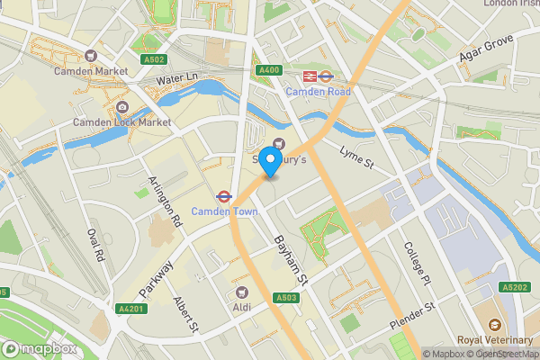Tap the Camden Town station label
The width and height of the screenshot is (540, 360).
pos(224,211)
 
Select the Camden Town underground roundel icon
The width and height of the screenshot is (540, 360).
pos(221,196)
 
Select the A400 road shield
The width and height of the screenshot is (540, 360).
pos(267,70)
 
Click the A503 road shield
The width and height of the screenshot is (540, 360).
pos(286,298)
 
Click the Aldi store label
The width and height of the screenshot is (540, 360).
pos(241,307)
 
